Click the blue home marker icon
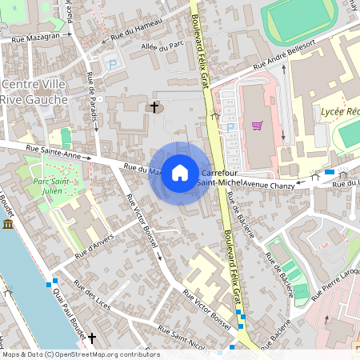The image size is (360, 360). click(x=180, y=173)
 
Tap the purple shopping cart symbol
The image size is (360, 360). click(x=257, y=125)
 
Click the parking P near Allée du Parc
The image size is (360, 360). click(x=113, y=64)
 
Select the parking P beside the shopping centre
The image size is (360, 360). click(x=231, y=127)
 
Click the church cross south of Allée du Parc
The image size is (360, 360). click(x=154, y=106)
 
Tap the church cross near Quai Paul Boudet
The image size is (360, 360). click(x=91, y=339)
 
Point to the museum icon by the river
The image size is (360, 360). click(x=8, y=226)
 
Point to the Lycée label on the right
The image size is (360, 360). click(x=339, y=112)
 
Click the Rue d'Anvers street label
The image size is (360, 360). click(x=95, y=243)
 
